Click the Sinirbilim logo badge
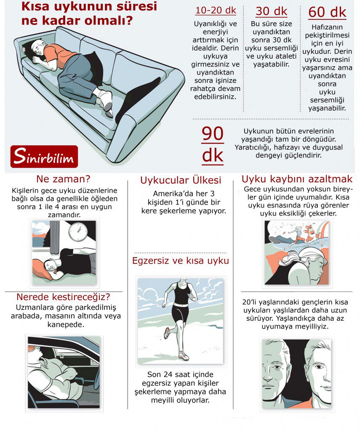pyautogui.click(x=44, y=157)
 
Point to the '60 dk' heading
pyautogui.click(x=327, y=12)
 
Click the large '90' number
pyautogui.click(x=212, y=134)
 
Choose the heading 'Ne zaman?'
pyautogui.click(x=63, y=178)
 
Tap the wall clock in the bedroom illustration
pyautogui.click(x=78, y=231)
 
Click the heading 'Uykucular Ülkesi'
pyautogui.click(x=181, y=181)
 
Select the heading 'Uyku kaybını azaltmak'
pyautogui.click(x=297, y=178)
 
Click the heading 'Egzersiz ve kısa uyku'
pyautogui.click(x=181, y=261)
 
